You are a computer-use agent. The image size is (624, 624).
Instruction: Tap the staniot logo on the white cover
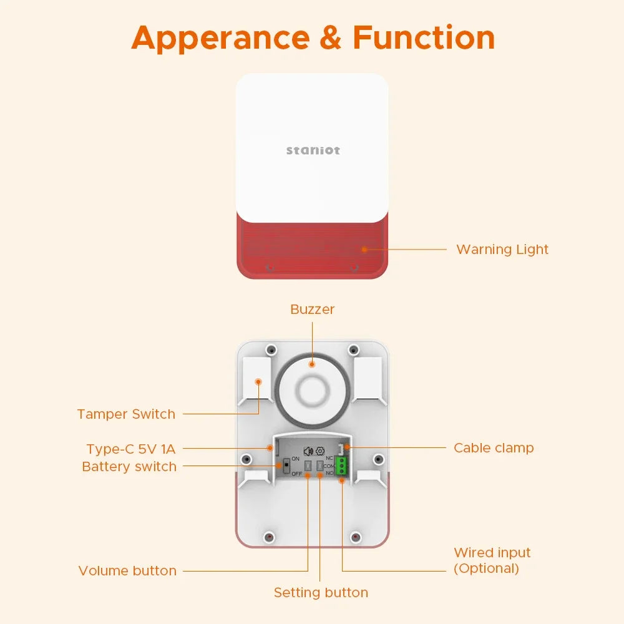click(313, 150)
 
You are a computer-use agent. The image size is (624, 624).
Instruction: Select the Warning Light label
click(502, 250)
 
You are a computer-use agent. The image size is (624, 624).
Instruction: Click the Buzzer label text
click(313, 310)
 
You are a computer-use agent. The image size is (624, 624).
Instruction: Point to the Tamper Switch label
click(126, 414)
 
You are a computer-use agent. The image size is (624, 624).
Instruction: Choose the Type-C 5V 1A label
click(131, 449)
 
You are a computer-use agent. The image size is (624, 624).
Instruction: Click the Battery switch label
click(129, 467)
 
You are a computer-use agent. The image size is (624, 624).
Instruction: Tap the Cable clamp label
click(494, 448)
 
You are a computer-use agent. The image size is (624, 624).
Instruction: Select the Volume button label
click(127, 571)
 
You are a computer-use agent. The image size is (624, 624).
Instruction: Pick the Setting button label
click(321, 593)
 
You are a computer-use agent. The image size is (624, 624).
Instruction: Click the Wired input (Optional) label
click(492, 560)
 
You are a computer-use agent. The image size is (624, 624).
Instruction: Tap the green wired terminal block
click(341, 466)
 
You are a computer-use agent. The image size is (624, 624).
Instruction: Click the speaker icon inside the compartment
click(308, 451)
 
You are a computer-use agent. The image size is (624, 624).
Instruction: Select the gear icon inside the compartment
click(320, 451)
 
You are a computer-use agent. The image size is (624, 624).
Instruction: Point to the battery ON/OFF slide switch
click(286, 466)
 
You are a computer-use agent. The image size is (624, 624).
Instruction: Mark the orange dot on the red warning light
click(364, 248)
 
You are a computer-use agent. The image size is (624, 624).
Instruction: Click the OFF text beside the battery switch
click(296, 474)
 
